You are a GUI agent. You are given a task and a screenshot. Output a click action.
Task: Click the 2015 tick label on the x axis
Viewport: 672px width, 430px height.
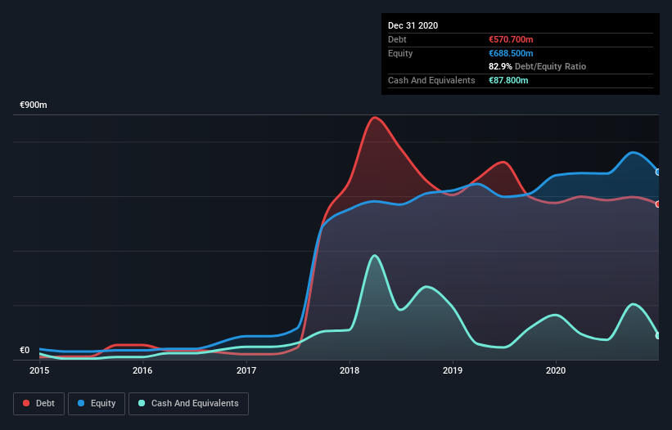point(39,370)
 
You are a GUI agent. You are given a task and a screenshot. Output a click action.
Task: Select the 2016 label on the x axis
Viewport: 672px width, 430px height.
point(142,370)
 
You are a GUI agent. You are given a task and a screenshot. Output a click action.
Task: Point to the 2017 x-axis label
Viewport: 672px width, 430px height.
point(246,370)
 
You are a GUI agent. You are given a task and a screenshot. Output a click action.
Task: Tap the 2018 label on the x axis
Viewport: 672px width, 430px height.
point(350,370)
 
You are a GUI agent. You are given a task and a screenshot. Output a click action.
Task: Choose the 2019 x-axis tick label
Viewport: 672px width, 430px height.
point(453,370)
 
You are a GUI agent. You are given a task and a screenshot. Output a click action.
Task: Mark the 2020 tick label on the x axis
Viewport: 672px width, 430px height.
point(556,370)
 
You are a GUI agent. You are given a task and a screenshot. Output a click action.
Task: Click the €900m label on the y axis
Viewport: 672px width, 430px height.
point(34,105)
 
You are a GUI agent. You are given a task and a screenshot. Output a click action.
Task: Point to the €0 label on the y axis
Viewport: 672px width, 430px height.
point(25,350)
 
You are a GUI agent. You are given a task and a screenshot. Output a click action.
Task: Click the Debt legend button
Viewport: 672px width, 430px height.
point(38,403)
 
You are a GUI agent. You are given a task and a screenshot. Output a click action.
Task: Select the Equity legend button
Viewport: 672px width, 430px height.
point(97,403)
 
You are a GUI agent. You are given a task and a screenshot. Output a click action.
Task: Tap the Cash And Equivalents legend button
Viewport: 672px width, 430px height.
point(188,403)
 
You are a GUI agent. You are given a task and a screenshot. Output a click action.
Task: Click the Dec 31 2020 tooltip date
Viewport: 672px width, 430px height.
point(413,25)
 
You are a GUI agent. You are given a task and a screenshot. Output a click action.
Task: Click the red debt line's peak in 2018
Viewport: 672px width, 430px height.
point(375,117)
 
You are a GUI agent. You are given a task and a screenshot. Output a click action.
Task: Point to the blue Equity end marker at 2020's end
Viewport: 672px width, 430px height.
point(658,172)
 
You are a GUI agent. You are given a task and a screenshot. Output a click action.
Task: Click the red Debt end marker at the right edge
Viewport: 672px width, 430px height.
point(658,204)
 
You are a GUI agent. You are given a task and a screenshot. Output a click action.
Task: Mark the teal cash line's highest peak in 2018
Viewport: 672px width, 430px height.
point(375,255)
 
